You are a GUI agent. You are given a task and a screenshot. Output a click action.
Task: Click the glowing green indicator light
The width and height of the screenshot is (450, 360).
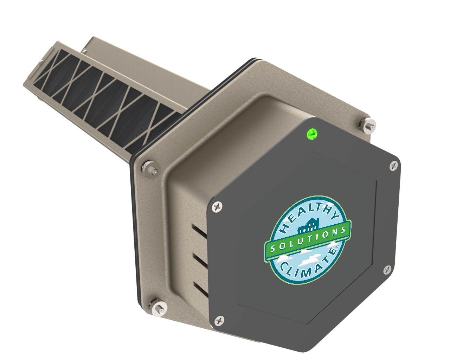(x=312, y=134)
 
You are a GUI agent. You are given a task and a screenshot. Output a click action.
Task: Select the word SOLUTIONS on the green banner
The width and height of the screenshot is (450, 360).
(x=308, y=239)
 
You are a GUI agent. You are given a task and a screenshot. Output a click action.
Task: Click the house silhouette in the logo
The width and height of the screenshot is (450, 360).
(x=308, y=225)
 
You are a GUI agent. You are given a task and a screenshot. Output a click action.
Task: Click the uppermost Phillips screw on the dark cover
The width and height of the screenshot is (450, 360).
(x=394, y=165)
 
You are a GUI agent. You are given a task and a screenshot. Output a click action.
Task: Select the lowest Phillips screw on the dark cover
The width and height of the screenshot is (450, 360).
(x=219, y=320)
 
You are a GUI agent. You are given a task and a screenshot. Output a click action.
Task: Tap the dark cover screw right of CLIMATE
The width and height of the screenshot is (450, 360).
(x=387, y=270)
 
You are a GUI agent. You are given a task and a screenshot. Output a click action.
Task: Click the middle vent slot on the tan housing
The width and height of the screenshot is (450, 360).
(x=199, y=261)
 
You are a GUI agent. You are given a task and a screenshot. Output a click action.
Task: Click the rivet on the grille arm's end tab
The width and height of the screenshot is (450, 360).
(x=84, y=51)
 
